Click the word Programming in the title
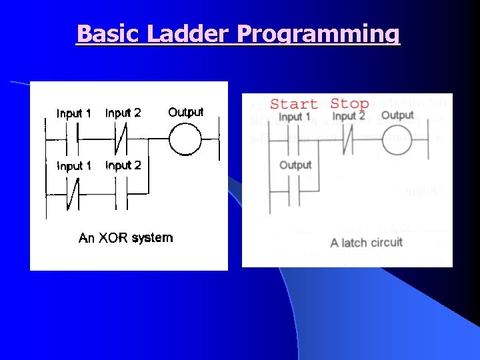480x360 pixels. (318, 33)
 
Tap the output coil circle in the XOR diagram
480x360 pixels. (185, 139)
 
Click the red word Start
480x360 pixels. (293, 103)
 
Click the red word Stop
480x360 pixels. (349, 103)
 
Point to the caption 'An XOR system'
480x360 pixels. (125, 238)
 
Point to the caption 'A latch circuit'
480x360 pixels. (366, 241)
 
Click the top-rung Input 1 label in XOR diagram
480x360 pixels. (73, 113)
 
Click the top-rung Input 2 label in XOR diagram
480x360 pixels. (123, 113)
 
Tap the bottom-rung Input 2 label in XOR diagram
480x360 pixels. (123, 165)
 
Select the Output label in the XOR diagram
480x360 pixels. (185, 112)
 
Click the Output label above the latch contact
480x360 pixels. (295, 165)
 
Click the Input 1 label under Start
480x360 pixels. (294, 117)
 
